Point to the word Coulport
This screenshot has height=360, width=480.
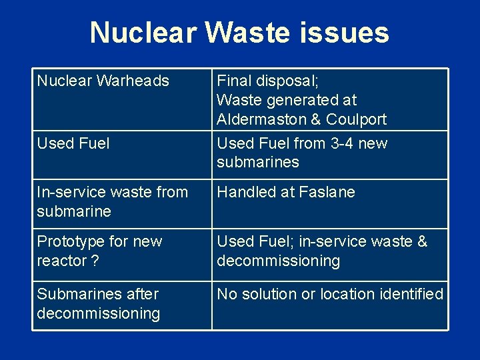coord(357,119)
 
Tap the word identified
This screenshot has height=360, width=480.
coord(412,294)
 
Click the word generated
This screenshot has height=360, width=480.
coord(303,100)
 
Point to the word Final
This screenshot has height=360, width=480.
coord(232,81)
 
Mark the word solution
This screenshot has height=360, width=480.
coord(270,294)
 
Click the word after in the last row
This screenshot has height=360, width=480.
coord(143,294)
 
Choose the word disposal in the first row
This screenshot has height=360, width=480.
coord(286,81)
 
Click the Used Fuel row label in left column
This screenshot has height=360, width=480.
coord(73,143)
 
